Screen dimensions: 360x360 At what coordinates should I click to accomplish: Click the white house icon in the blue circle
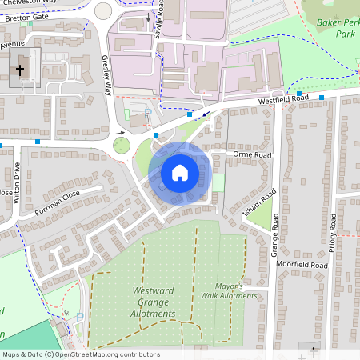point(180,172)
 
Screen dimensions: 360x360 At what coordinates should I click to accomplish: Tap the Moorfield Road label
point(302,264)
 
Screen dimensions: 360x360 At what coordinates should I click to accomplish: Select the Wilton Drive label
point(16,183)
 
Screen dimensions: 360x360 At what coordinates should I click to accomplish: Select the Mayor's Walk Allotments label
point(237,290)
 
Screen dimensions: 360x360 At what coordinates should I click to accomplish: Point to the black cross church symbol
point(20,71)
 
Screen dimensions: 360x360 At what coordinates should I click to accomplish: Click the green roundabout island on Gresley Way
point(121,145)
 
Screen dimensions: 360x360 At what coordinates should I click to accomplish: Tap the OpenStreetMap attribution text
point(81,354)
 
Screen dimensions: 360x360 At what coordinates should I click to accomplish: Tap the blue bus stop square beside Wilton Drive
point(38,141)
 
